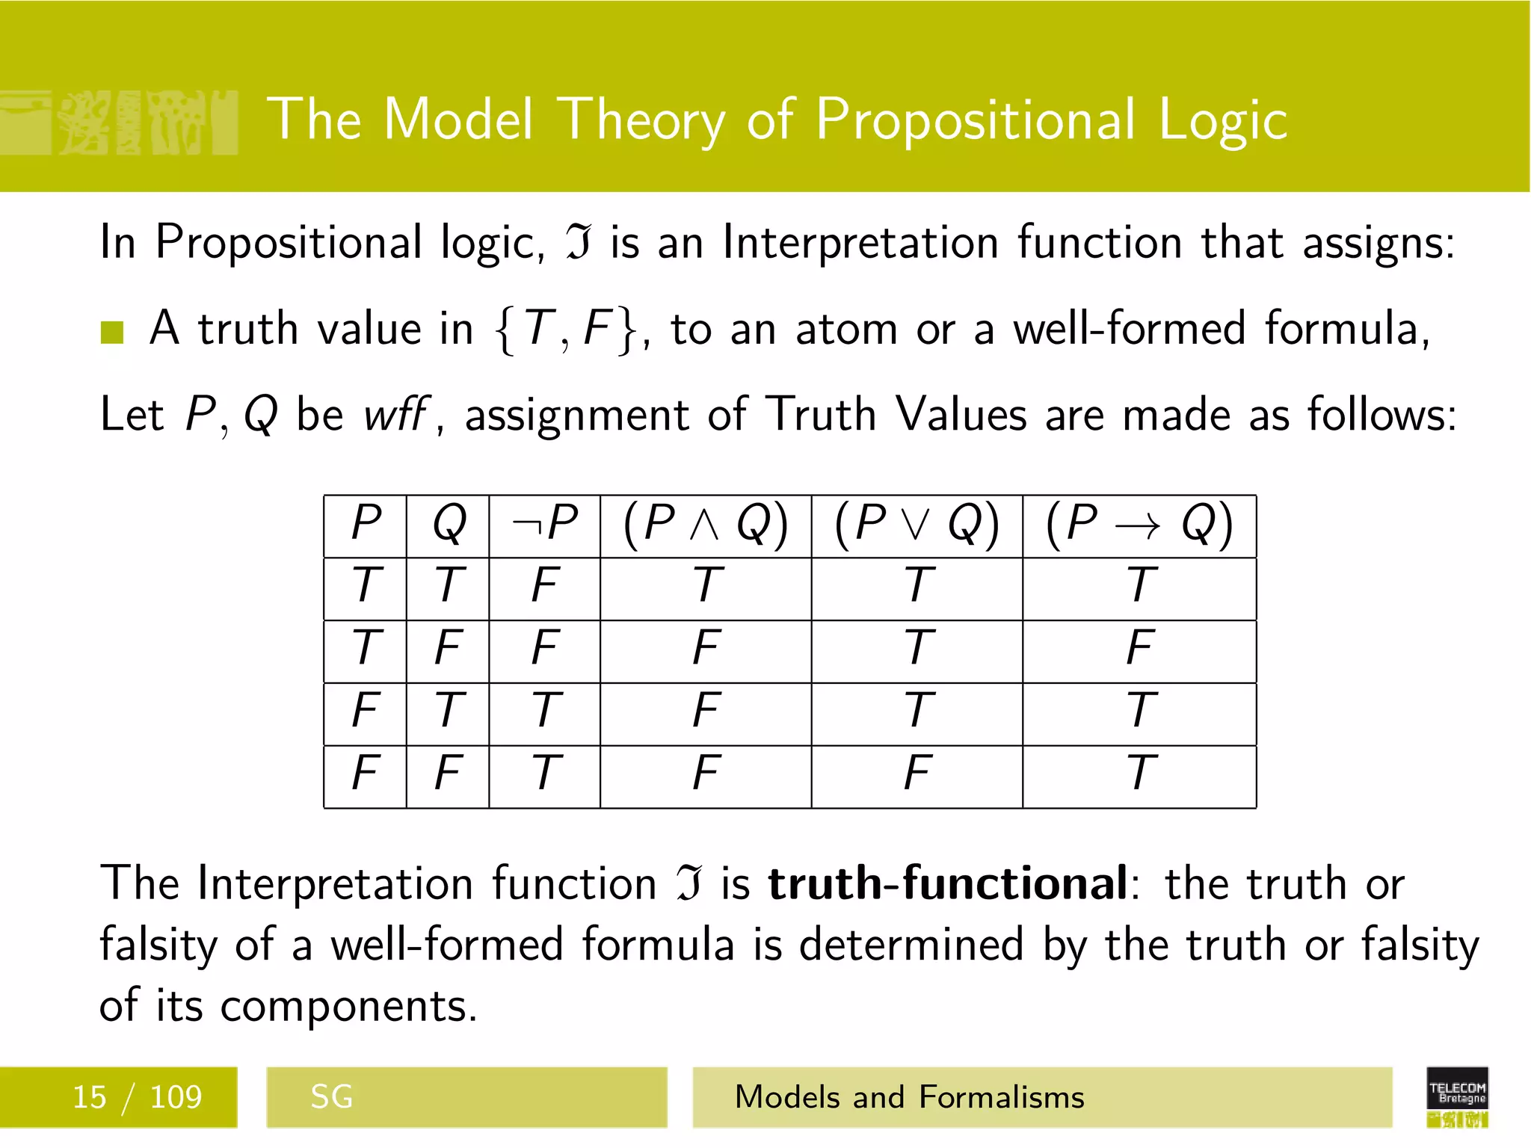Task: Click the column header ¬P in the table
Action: (x=544, y=523)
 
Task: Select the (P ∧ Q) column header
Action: (x=705, y=523)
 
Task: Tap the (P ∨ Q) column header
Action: (x=917, y=523)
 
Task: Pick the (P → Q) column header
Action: (x=1139, y=523)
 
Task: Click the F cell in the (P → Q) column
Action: (x=1139, y=647)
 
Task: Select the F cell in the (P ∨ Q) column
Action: (x=917, y=772)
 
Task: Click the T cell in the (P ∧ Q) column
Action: (x=706, y=584)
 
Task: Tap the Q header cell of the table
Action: (x=449, y=523)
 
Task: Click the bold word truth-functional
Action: (x=946, y=883)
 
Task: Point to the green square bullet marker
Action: (x=112, y=332)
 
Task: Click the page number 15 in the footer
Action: (x=89, y=1097)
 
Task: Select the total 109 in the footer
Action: (x=176, y=1097)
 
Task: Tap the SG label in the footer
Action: (x=331, y=1097)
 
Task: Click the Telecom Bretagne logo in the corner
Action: (x=1456, y=1096)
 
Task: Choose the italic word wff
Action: (x=395, y=414)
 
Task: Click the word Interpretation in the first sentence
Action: (x=860, y=243)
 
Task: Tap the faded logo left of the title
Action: (x=120, y=123)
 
